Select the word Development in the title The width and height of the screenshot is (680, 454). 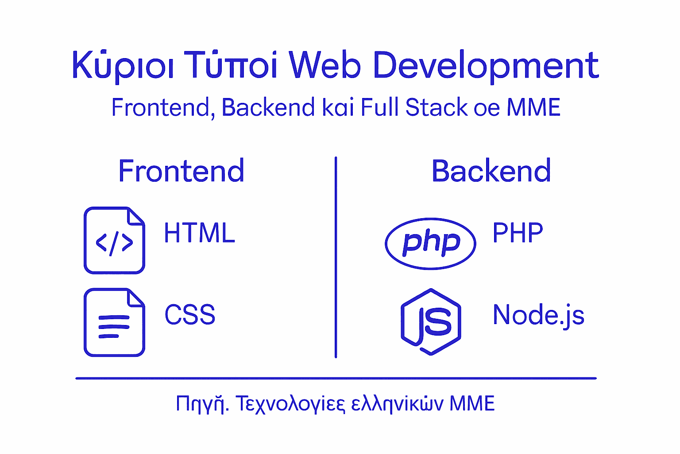(x=487, y=67)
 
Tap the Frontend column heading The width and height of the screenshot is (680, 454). (x=181, y=171)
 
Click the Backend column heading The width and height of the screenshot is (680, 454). (x=491, y=171)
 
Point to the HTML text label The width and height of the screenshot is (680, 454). (x=200, y=233)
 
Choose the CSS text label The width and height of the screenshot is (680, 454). (x=190, y=314)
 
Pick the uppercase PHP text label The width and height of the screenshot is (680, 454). (x=518, y=232)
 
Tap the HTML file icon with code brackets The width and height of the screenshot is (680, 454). (x=114, y=240)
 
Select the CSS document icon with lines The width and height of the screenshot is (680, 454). (x=114, y=322)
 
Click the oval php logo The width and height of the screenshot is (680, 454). (x=430, y=243)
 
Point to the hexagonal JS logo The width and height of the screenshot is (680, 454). (x=431, y=322)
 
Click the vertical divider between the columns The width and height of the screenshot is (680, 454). (x=336, y=257)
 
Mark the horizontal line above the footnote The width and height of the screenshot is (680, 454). (x=336, y=378)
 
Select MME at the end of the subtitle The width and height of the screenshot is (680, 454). (x=533, y=107)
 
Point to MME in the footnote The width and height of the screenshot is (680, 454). (x=472, y=403)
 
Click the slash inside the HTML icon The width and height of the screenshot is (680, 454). (x=114, y=243)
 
